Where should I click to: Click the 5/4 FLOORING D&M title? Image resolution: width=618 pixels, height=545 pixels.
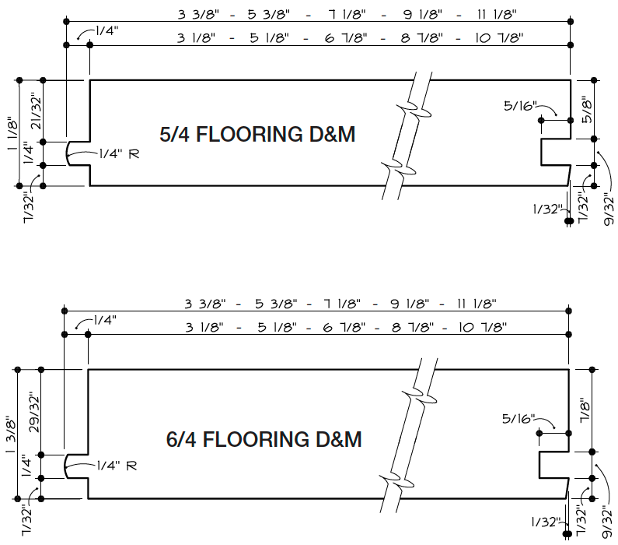tap(257, 134)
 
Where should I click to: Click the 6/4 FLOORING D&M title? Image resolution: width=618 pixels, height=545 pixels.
tap(264, 439)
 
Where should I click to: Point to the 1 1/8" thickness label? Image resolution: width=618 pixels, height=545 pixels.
tap(11, 132)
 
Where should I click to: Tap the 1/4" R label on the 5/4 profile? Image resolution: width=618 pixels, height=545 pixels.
tap(119, 153)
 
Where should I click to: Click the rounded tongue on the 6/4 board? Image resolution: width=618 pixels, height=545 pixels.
tap(75, 466)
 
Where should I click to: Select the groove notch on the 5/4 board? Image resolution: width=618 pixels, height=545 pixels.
tap(554, 152)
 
